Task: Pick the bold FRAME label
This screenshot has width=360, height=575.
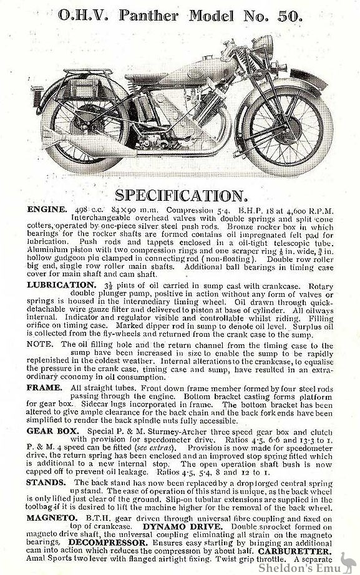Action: [x=44, y=387]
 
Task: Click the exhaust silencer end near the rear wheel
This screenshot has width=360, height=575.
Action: [x=62, y=163]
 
